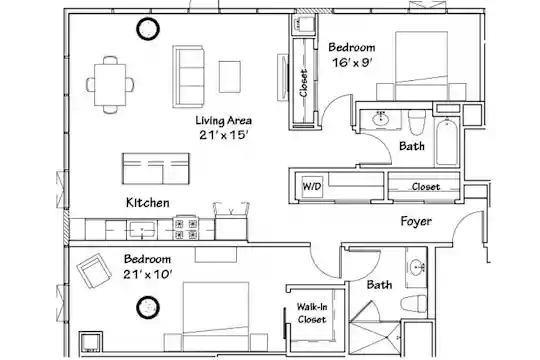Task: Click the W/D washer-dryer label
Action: (312, 186)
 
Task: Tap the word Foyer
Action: (416, 222)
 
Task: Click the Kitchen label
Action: (148, 203)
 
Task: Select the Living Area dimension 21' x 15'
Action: (224, 135)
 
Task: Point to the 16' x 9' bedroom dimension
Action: (352, 63)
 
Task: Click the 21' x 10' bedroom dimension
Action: (148, 275)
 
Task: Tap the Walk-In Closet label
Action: (312, 313)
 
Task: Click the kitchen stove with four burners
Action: (186, 228)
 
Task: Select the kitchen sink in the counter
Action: (142, 229)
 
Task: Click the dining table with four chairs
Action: (110, 85)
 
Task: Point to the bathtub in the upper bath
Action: (447, 142)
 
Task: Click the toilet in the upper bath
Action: (417, 122)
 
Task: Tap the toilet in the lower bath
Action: (414, 304)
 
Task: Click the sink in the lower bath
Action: (417, 267)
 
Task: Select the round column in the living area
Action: (148, 29)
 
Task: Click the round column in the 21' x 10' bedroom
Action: (148, 307)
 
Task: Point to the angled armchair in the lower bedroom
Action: (94, 270)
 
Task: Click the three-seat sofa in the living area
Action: (189, 76)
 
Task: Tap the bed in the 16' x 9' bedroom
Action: (422, 66)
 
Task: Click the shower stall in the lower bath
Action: (375, 339)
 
